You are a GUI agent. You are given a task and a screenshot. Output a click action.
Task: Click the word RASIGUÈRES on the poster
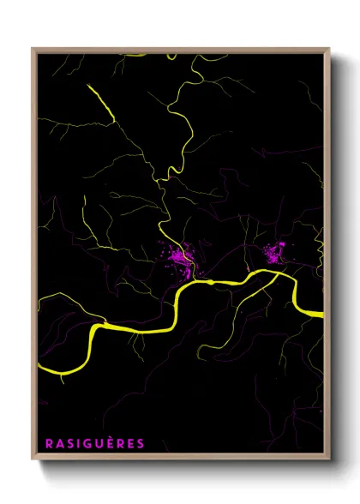[x=94, y=443]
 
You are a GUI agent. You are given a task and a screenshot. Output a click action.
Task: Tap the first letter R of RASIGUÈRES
[x=48, y=443]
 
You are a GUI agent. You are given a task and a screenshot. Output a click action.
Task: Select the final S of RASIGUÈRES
[x=141, y=443]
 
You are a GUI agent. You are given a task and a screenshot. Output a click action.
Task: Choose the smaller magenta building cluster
[x=274, y=252]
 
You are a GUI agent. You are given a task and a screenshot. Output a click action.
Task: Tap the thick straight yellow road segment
[x=101, y=100]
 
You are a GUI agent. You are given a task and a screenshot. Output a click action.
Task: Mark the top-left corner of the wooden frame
[x=33, y=48]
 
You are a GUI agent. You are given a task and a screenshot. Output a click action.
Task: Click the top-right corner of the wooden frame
[x=329, y=48]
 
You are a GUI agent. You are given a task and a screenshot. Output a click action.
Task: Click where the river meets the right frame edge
[x=324, y=315]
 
